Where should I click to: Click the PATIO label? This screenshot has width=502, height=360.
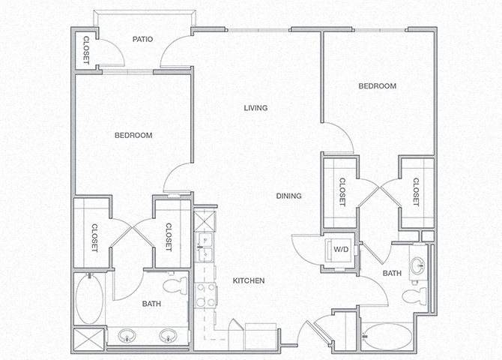143,39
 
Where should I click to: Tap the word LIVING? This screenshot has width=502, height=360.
255,108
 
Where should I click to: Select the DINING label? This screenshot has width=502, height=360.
288,196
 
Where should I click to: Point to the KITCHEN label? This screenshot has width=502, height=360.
249,280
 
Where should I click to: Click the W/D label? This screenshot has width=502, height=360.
341,249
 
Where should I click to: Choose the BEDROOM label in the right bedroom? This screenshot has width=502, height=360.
377,86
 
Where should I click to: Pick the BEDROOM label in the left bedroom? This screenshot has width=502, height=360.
133,136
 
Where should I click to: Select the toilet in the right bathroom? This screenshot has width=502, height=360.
414,295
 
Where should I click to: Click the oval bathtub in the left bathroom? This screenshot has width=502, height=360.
88,298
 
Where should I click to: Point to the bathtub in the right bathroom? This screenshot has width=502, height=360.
387,335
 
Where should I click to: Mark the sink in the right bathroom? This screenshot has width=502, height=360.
418,265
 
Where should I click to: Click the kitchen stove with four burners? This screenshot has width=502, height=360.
203,296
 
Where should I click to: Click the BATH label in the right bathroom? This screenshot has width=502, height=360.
392,274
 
